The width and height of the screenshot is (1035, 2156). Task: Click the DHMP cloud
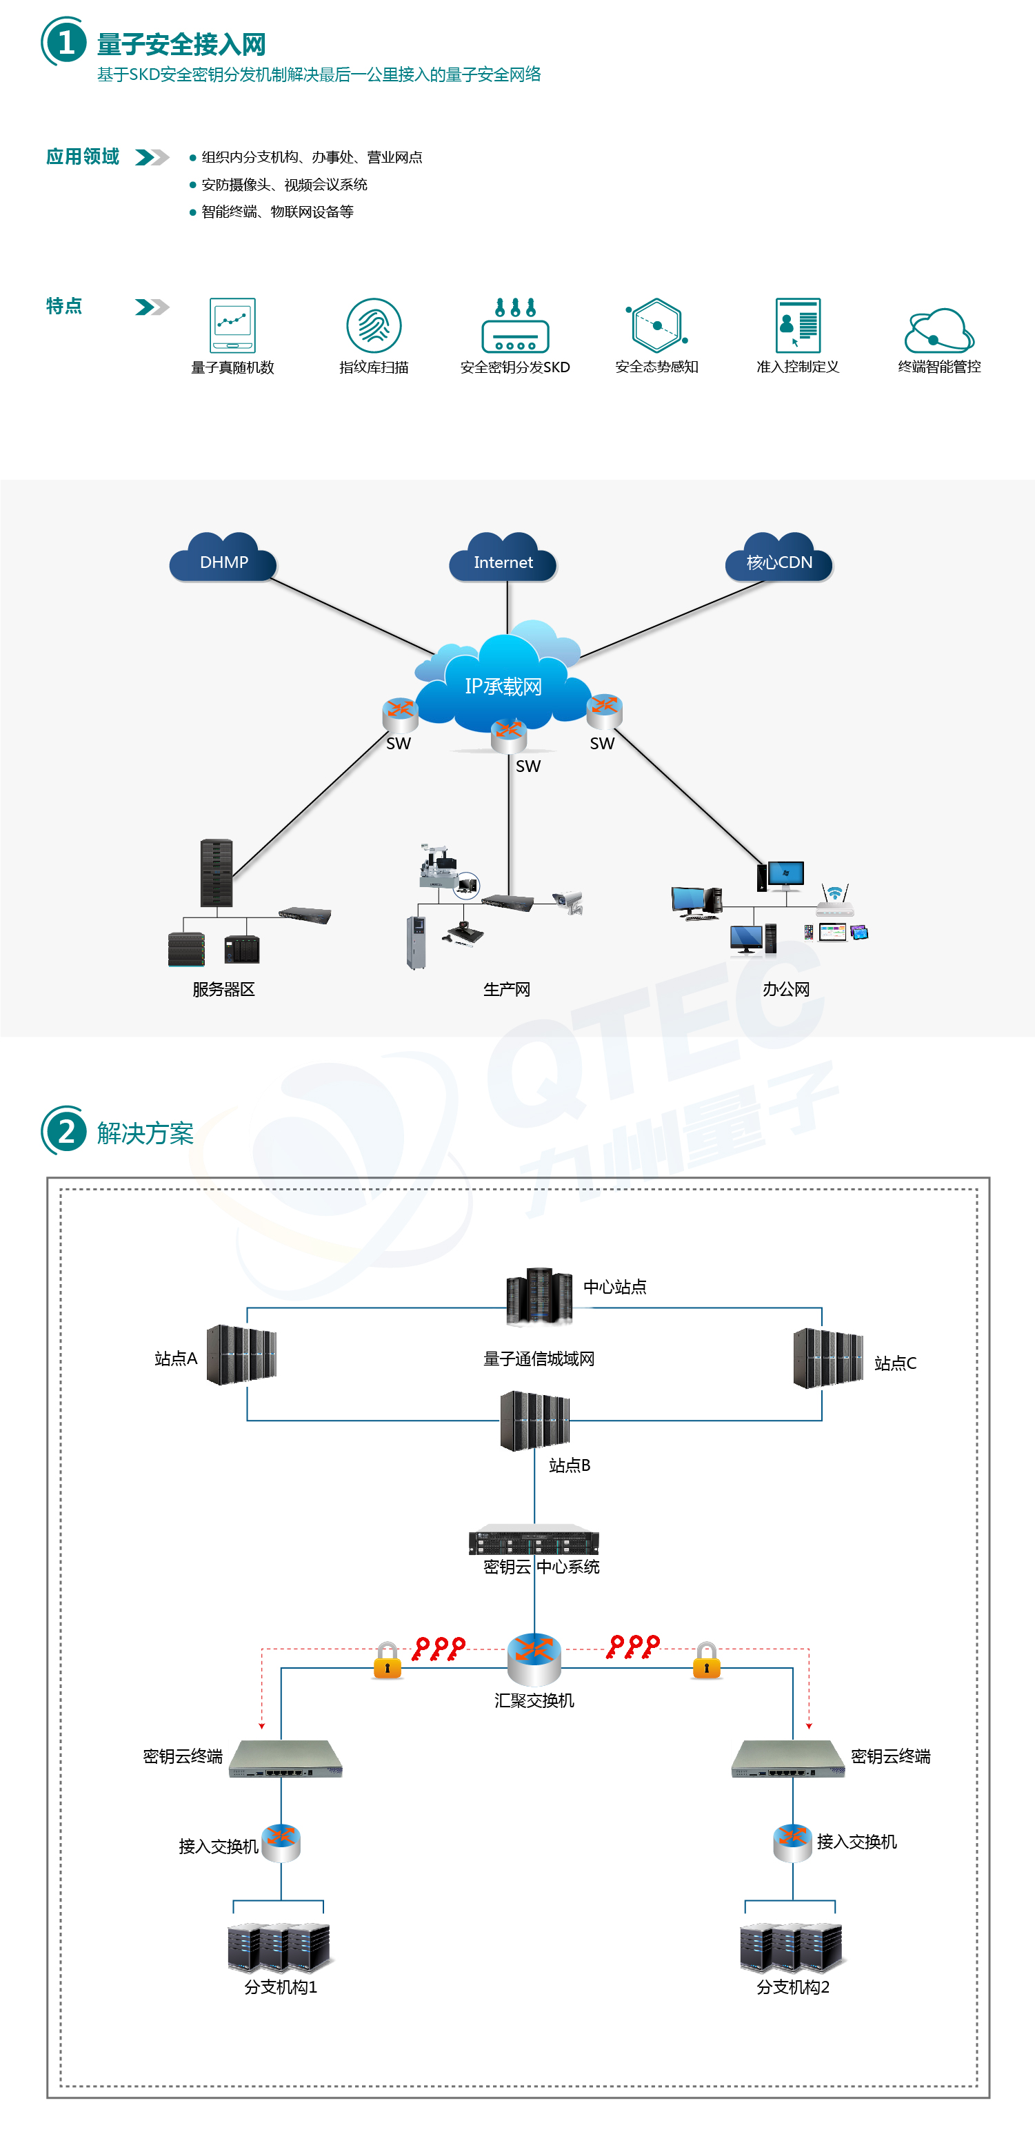223,558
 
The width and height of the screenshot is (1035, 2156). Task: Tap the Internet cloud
503,558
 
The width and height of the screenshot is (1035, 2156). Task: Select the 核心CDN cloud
778,558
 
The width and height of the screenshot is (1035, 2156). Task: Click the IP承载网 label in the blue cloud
503,687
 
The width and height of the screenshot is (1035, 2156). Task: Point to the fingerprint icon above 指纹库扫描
374,325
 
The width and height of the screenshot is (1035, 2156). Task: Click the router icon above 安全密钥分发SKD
515,325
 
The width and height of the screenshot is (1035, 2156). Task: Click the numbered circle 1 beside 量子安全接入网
66,42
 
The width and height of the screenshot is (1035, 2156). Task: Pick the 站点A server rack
241,1354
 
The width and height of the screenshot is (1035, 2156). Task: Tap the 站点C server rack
828,1358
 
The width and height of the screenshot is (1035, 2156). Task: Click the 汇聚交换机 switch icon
534,1659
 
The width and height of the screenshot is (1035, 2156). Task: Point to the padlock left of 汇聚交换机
387,1660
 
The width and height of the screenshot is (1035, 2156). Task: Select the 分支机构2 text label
793,1987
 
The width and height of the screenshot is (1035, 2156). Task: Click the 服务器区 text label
223,989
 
